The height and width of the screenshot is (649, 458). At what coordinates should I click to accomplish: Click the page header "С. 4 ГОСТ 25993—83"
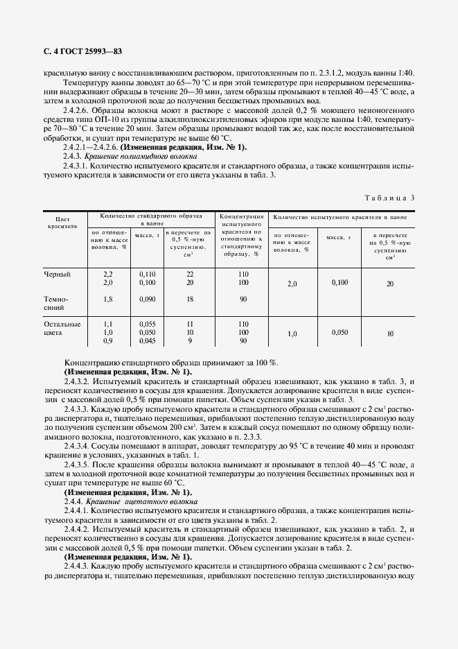(78, 51)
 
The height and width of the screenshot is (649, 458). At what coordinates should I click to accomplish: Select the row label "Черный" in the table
(57, 275)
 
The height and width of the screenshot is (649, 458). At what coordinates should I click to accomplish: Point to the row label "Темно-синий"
(57, 304)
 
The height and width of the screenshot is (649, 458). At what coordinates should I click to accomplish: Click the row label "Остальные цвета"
(62, 329)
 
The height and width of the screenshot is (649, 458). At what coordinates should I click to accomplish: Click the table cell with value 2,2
(107, 275)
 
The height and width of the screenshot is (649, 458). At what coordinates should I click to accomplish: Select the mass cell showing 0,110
(148, 275)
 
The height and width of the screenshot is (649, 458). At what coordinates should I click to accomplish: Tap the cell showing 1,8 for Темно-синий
(107, 299)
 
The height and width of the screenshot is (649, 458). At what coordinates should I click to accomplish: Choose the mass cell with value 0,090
(148, 299)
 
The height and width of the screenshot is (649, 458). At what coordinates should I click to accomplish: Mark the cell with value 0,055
(148, 324)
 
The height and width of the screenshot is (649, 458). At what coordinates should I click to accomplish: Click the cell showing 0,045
(148, 340)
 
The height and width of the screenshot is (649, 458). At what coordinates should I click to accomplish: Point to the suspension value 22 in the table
(189, 275)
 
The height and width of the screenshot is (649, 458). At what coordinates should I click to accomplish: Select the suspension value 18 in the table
(189, 299)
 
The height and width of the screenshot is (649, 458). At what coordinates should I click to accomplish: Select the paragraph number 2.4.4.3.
(76, 566)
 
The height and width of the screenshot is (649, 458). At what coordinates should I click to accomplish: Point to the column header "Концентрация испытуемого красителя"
(240, 234)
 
